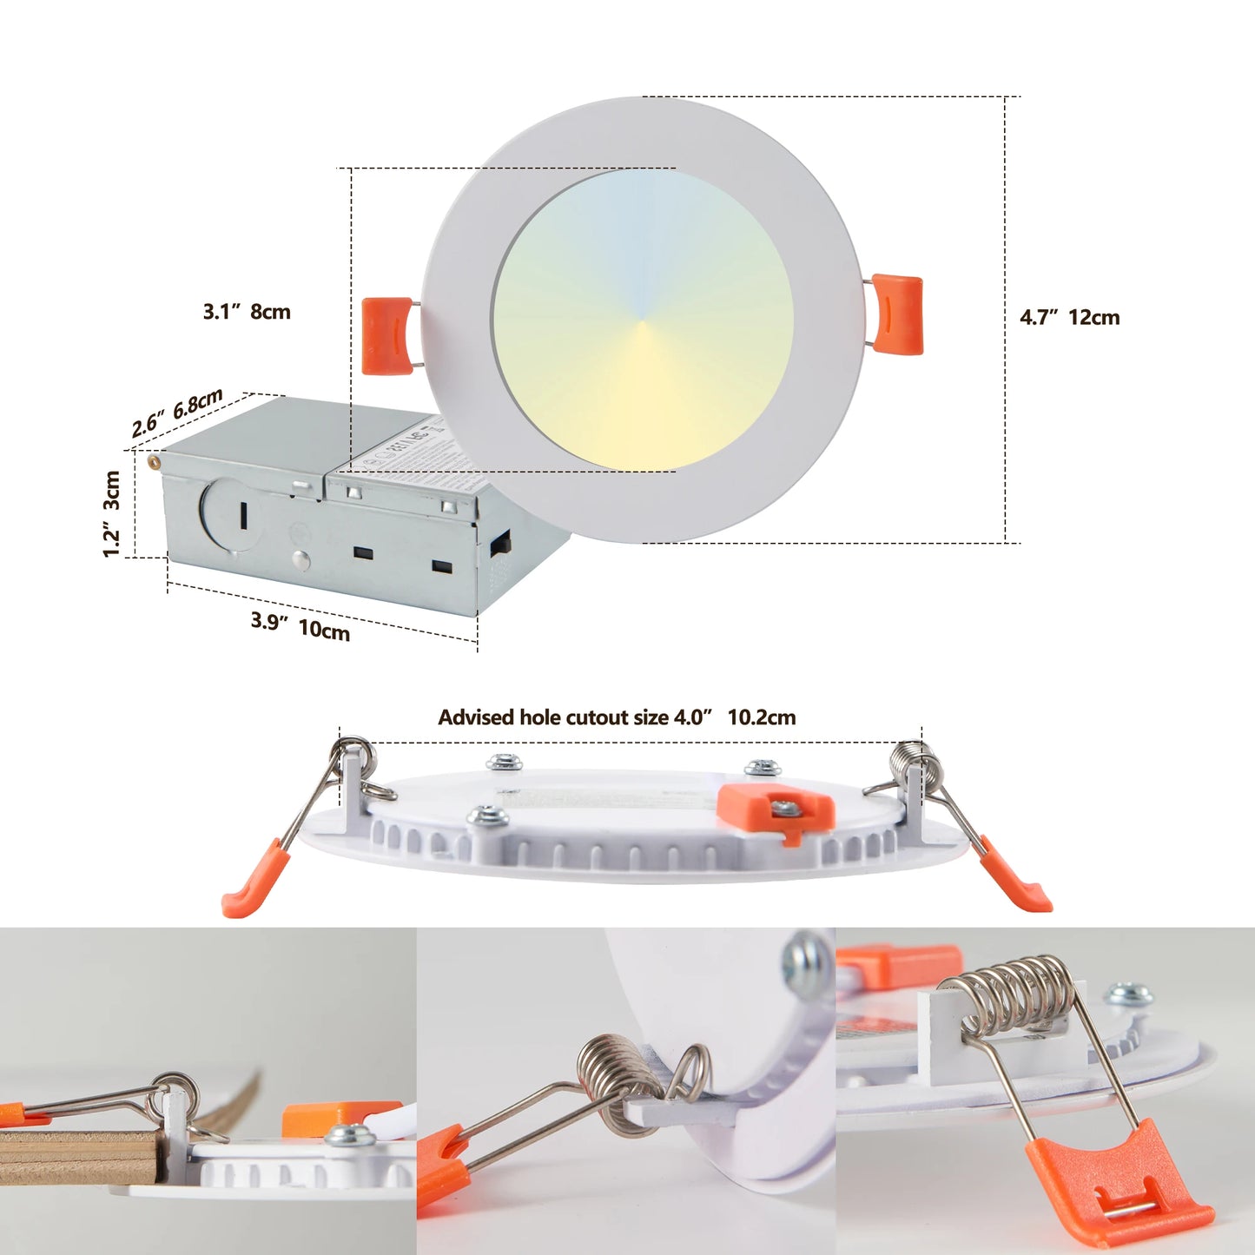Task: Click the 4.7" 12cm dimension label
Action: [1069, 318]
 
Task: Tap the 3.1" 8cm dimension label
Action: [247, 312]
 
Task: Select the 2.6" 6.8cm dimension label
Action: [177, 413]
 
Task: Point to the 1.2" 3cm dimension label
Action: [111, 513]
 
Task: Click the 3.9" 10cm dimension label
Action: [301, 625]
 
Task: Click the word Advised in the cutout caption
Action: [476, 717]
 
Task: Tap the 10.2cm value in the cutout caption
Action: [761, 717]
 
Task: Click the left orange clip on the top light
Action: [387, 335]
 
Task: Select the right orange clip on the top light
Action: [897, 314]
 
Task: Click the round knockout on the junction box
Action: [228, 514]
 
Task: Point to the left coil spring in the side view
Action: [353, 756]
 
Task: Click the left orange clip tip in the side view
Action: [254, 886]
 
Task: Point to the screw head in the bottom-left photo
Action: [350, 1134]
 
